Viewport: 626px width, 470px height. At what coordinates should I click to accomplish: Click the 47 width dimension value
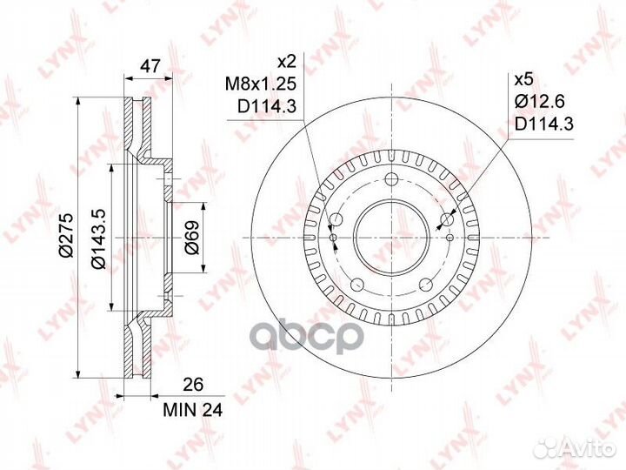click(150, 65)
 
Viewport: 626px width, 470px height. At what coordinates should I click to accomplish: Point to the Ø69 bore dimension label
click(192, 238)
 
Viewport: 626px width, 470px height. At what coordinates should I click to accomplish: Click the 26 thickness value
click(193, 385)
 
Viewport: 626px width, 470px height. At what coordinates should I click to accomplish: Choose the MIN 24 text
click(193, 410)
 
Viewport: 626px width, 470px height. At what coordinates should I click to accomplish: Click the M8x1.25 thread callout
click(260, 84)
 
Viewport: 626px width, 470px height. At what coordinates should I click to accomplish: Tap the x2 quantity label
click(286, 62)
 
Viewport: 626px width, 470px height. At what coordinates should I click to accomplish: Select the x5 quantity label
click(523, 80)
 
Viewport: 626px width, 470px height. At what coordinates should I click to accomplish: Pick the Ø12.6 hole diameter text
click(539, 102)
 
